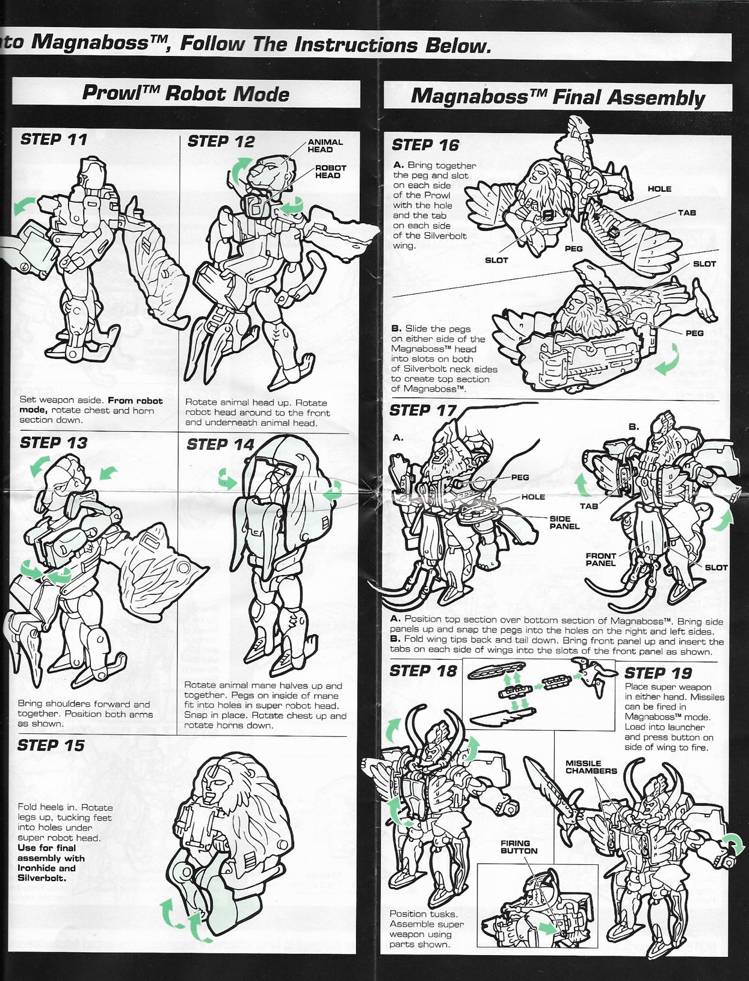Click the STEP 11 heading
click(x=54, y=140)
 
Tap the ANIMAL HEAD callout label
click(x=325, y=146)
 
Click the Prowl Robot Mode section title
click(x=185, y=94)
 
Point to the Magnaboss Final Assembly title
click(x=557, y=97)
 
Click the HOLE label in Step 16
click(x=659, y=189)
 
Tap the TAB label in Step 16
click(x=686, y=213)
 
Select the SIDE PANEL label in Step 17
click(x=564, y=522)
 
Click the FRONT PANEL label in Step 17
click(x=601, y=559)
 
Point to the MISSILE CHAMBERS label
click(x=591, y=767)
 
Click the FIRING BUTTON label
click(x=519, y=847)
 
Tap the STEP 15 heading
click(x=51, y=746)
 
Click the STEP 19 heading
click(x=658, y=673)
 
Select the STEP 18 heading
click(x=423, y=671)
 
